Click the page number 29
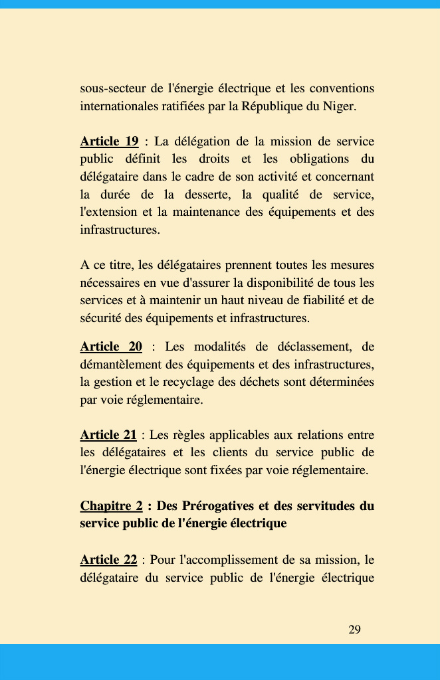pos(354,630)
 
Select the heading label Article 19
pos(109,141)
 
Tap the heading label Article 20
pos(111,347)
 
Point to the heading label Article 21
pos(108,436)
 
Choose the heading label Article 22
pos(108,560)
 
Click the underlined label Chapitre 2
pos(111,506)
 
